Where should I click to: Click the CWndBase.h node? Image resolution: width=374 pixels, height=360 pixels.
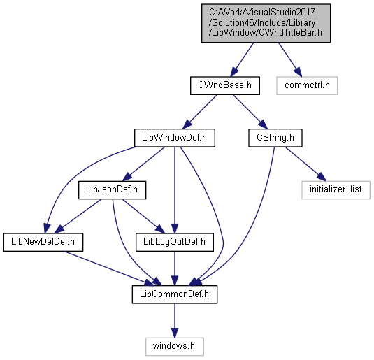tap(225, 85)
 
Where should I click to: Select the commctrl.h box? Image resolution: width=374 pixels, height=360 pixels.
tap(307, 85)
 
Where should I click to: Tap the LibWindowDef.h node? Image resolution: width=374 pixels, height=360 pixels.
tap(175, 138)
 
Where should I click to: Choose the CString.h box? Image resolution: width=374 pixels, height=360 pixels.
tap(275, 138)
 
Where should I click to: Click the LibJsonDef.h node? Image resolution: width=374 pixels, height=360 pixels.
tap(112, 190)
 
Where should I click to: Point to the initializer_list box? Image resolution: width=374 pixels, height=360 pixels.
tap(336, 190)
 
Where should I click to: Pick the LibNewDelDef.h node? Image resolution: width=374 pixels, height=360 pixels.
tap(43, 242)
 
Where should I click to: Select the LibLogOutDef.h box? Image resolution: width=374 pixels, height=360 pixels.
tap(175, 242)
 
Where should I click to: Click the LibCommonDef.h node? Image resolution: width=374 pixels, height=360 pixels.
tap(175, 294)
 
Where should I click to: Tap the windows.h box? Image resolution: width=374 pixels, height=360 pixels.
tap(175, 347)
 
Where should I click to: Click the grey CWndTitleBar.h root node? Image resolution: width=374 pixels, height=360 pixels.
tap(266, 23)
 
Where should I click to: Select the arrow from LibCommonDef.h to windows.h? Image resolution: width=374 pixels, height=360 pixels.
tap(175, 320)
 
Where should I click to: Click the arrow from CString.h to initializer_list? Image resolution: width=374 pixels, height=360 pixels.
tap(305, 164)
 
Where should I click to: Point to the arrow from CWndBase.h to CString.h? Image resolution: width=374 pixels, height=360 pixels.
tap(250, 112)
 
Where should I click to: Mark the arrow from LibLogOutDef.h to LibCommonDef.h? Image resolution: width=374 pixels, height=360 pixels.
tap(175, 268)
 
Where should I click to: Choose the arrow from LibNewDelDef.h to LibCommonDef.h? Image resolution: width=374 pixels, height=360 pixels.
tap(110, 268)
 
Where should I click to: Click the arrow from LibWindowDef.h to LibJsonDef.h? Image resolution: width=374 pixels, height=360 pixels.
tap(143, 164)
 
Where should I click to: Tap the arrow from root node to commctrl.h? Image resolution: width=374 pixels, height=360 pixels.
tap(290, 59)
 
